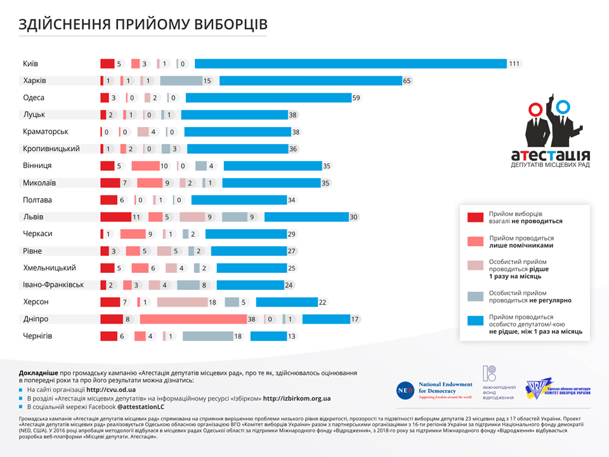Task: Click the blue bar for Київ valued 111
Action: [350, 63]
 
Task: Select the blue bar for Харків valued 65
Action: [311, 81]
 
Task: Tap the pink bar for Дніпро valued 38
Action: [193, 319]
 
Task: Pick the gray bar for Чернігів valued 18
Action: [208, 336]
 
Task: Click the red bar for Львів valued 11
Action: [115, 216]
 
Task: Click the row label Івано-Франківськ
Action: [53, 284]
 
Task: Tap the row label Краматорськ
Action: [45, 131]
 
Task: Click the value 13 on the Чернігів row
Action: [292, 336]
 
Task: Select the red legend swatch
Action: [476, 218]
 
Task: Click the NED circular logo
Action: [404, 390]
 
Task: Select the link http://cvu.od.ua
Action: [111, 389]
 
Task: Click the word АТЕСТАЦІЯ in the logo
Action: [550, 155]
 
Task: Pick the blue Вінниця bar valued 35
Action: [273, 166]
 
